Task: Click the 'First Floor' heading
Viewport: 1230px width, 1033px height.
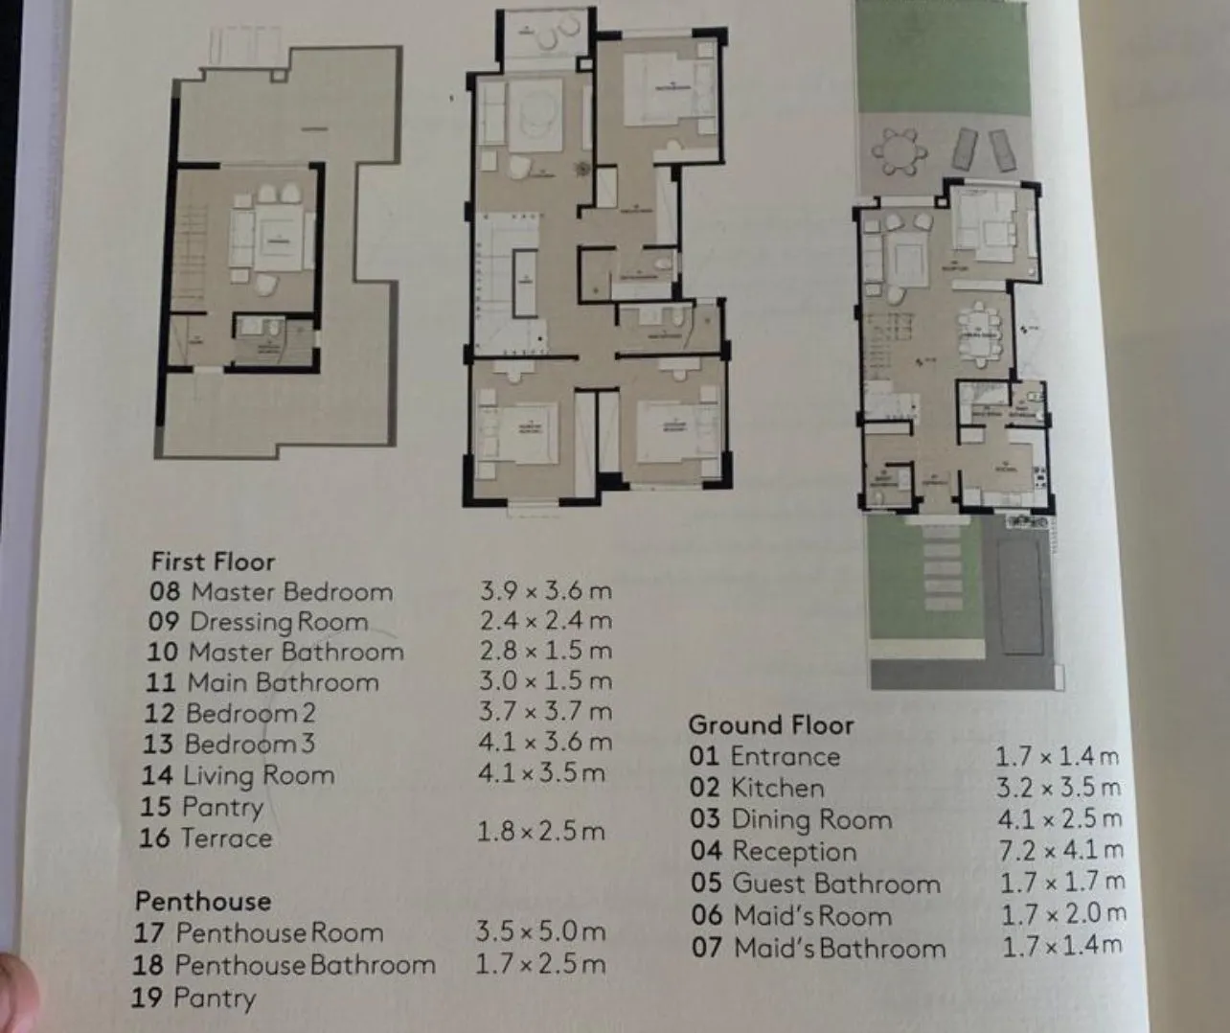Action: coord(213,562)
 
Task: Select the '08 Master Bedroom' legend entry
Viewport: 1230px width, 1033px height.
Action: coord(271,591)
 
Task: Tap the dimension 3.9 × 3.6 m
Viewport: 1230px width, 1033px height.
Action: coord(545,589)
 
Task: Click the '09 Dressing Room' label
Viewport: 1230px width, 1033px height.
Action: coord(258,622)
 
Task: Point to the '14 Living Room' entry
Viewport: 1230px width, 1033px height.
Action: coord(238,775)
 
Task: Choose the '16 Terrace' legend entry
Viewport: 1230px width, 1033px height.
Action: coord(206,838)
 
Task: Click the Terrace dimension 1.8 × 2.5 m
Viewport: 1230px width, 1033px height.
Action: coord(540,831)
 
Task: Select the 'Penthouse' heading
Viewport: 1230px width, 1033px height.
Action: coord(203,901)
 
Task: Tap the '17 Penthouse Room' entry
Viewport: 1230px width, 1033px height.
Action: coord(259,932)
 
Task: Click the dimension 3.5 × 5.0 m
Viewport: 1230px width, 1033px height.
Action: coord(540,931)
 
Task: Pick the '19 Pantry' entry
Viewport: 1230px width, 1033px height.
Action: coord(194,999)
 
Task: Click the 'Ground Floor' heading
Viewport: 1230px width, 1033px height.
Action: coord(770,725)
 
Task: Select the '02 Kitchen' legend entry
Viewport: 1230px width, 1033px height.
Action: coord(757,788)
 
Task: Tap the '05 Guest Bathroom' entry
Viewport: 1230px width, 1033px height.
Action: coord(815,884)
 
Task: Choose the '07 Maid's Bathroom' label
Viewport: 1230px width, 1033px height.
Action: coord(818,949)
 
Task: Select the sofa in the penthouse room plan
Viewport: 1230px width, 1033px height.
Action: coord(241,240)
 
